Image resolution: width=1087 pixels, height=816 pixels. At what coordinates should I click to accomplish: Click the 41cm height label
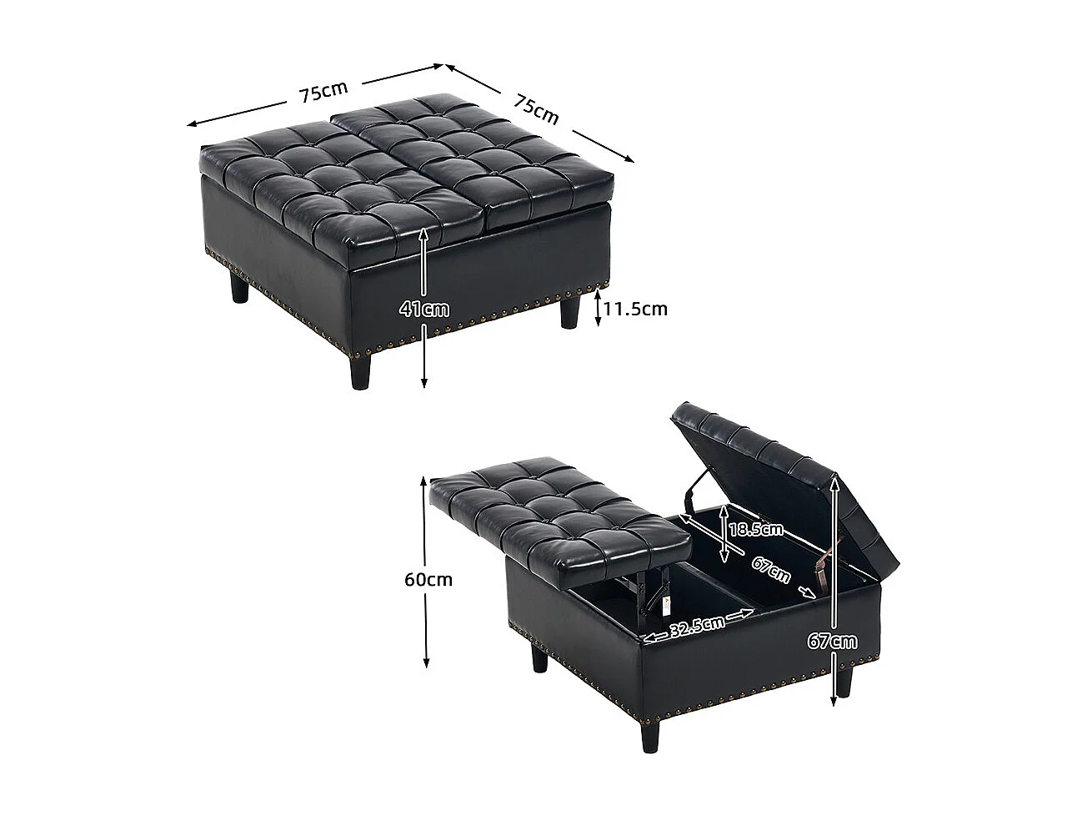click(424, 310)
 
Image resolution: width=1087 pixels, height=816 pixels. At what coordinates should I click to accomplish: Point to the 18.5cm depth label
click(755, 529)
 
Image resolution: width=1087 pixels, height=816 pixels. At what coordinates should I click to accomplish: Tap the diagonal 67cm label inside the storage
click(771, 569)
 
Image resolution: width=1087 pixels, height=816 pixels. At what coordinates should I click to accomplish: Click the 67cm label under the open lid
click(831, 641)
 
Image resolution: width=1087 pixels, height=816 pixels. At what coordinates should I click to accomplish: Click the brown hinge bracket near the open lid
click(823, 574)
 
